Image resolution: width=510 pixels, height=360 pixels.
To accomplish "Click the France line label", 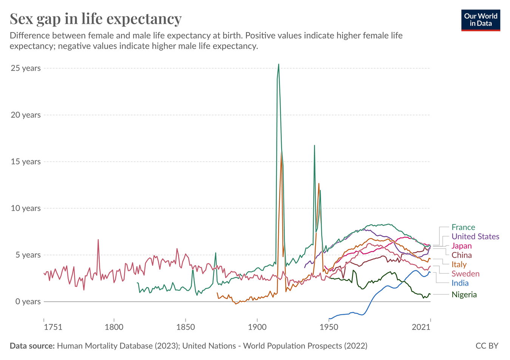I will pyautogui.click(x=463, y=227).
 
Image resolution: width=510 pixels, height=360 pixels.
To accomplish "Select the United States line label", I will pyautogui.click(x=475, y=237).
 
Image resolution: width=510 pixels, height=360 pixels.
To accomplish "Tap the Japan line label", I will pyautogui.click(x=462, y=246).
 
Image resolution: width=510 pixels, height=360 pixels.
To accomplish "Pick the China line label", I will pyautogui.click(x=462, y=255).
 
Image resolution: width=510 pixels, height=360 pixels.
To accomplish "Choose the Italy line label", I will pyautogui.click(x=459, y=265).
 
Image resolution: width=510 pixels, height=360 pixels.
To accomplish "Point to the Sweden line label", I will pyautogui.click(x=465, y=274).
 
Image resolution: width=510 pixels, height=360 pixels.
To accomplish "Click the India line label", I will pyautogui.click(x=460, y=283).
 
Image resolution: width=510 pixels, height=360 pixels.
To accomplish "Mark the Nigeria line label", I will pyautogui.click(x=464, y=295).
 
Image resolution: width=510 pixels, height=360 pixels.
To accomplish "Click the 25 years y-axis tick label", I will pyautogui.click(x=26, y=68).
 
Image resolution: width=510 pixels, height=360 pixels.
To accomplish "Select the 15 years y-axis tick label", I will pyautogui.click(x=26, y=162).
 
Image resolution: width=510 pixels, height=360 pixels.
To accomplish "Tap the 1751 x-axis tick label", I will pyautogui.click(x=53, y=327).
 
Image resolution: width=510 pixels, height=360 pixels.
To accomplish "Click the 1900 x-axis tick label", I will pyautogui.click(x=257, y=327).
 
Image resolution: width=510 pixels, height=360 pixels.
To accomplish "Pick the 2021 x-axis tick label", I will pyautogui.click(x=422, y=327).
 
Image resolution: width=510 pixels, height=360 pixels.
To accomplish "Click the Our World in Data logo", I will pyautogui.click(x=481, y=20).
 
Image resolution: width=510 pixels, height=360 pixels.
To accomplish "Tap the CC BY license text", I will pyautogui.click(x=487, y=346).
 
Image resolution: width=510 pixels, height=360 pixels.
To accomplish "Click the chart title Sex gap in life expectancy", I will pyautogui.click(x=96, y=19).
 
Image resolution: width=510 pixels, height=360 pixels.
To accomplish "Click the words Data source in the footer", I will pyautogui.click(x=32, y=346).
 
